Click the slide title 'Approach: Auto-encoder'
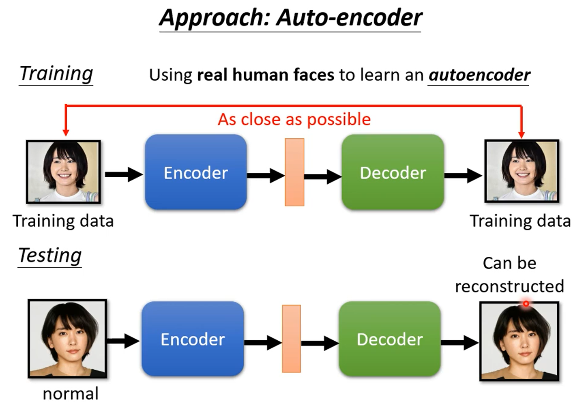[x=290, y=18]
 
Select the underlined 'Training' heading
[x=56, y=73]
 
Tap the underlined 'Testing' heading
[x=50, y=256]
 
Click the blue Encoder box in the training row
[x=195, y=172]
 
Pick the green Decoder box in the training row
[x=393, y=172]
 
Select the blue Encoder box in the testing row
[x=193, y=339]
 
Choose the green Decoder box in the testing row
[x=390, y=339]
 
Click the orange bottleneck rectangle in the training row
[x=294, y=172]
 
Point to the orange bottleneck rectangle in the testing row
[x=291, y=339]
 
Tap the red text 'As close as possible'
[x=294, y=120]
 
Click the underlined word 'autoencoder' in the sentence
[x=479, y=75]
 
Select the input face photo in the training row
[x=63, y=172]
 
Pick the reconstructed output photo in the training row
[x=522, y=171]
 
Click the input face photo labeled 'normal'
[x=67, y=339]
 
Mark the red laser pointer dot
[x=526, y=303]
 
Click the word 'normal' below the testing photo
[x=71, y=394]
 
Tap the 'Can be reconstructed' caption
[x=509, y=275]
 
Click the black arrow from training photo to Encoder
[x=123, y=174]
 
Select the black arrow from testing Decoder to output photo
[x=459, y=343]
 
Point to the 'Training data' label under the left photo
[x=63, y=221]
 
